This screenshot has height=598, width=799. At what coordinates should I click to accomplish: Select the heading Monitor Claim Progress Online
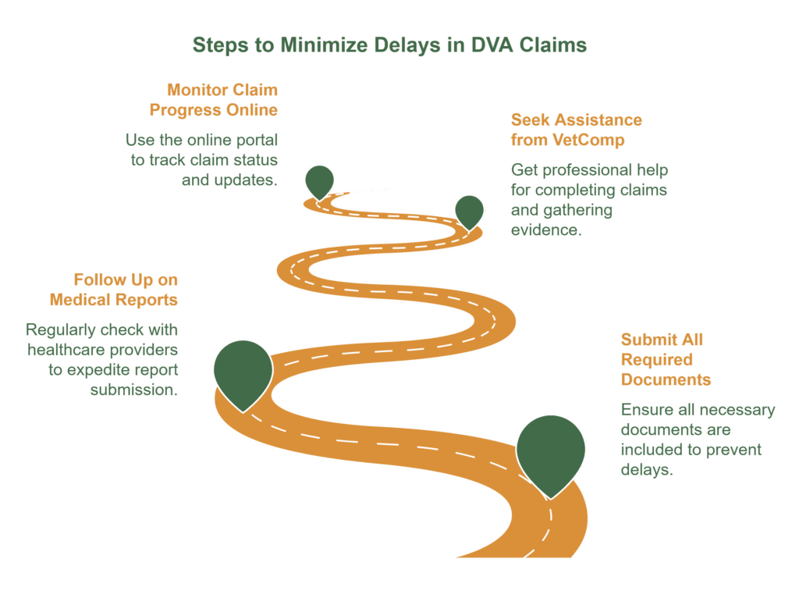tap(214, 99)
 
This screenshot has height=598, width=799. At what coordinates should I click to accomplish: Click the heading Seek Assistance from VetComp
tap(577, 130)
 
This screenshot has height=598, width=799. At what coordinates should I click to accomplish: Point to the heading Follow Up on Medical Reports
tap(114, 289)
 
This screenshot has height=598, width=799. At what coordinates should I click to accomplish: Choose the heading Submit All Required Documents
tap(666, 359)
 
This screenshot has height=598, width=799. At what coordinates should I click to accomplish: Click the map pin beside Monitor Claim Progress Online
tap(319, 180)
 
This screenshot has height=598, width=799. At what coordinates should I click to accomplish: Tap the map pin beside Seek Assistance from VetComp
tap(469, 210)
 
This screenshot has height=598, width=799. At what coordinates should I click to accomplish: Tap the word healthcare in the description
tap(62, 349)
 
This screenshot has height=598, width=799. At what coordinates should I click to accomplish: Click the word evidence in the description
tap(546, 230)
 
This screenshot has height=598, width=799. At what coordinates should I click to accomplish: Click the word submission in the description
tap(134, 390)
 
